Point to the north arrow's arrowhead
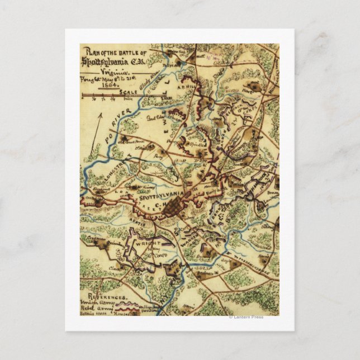click(101, 113)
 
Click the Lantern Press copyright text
click(246, 317)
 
